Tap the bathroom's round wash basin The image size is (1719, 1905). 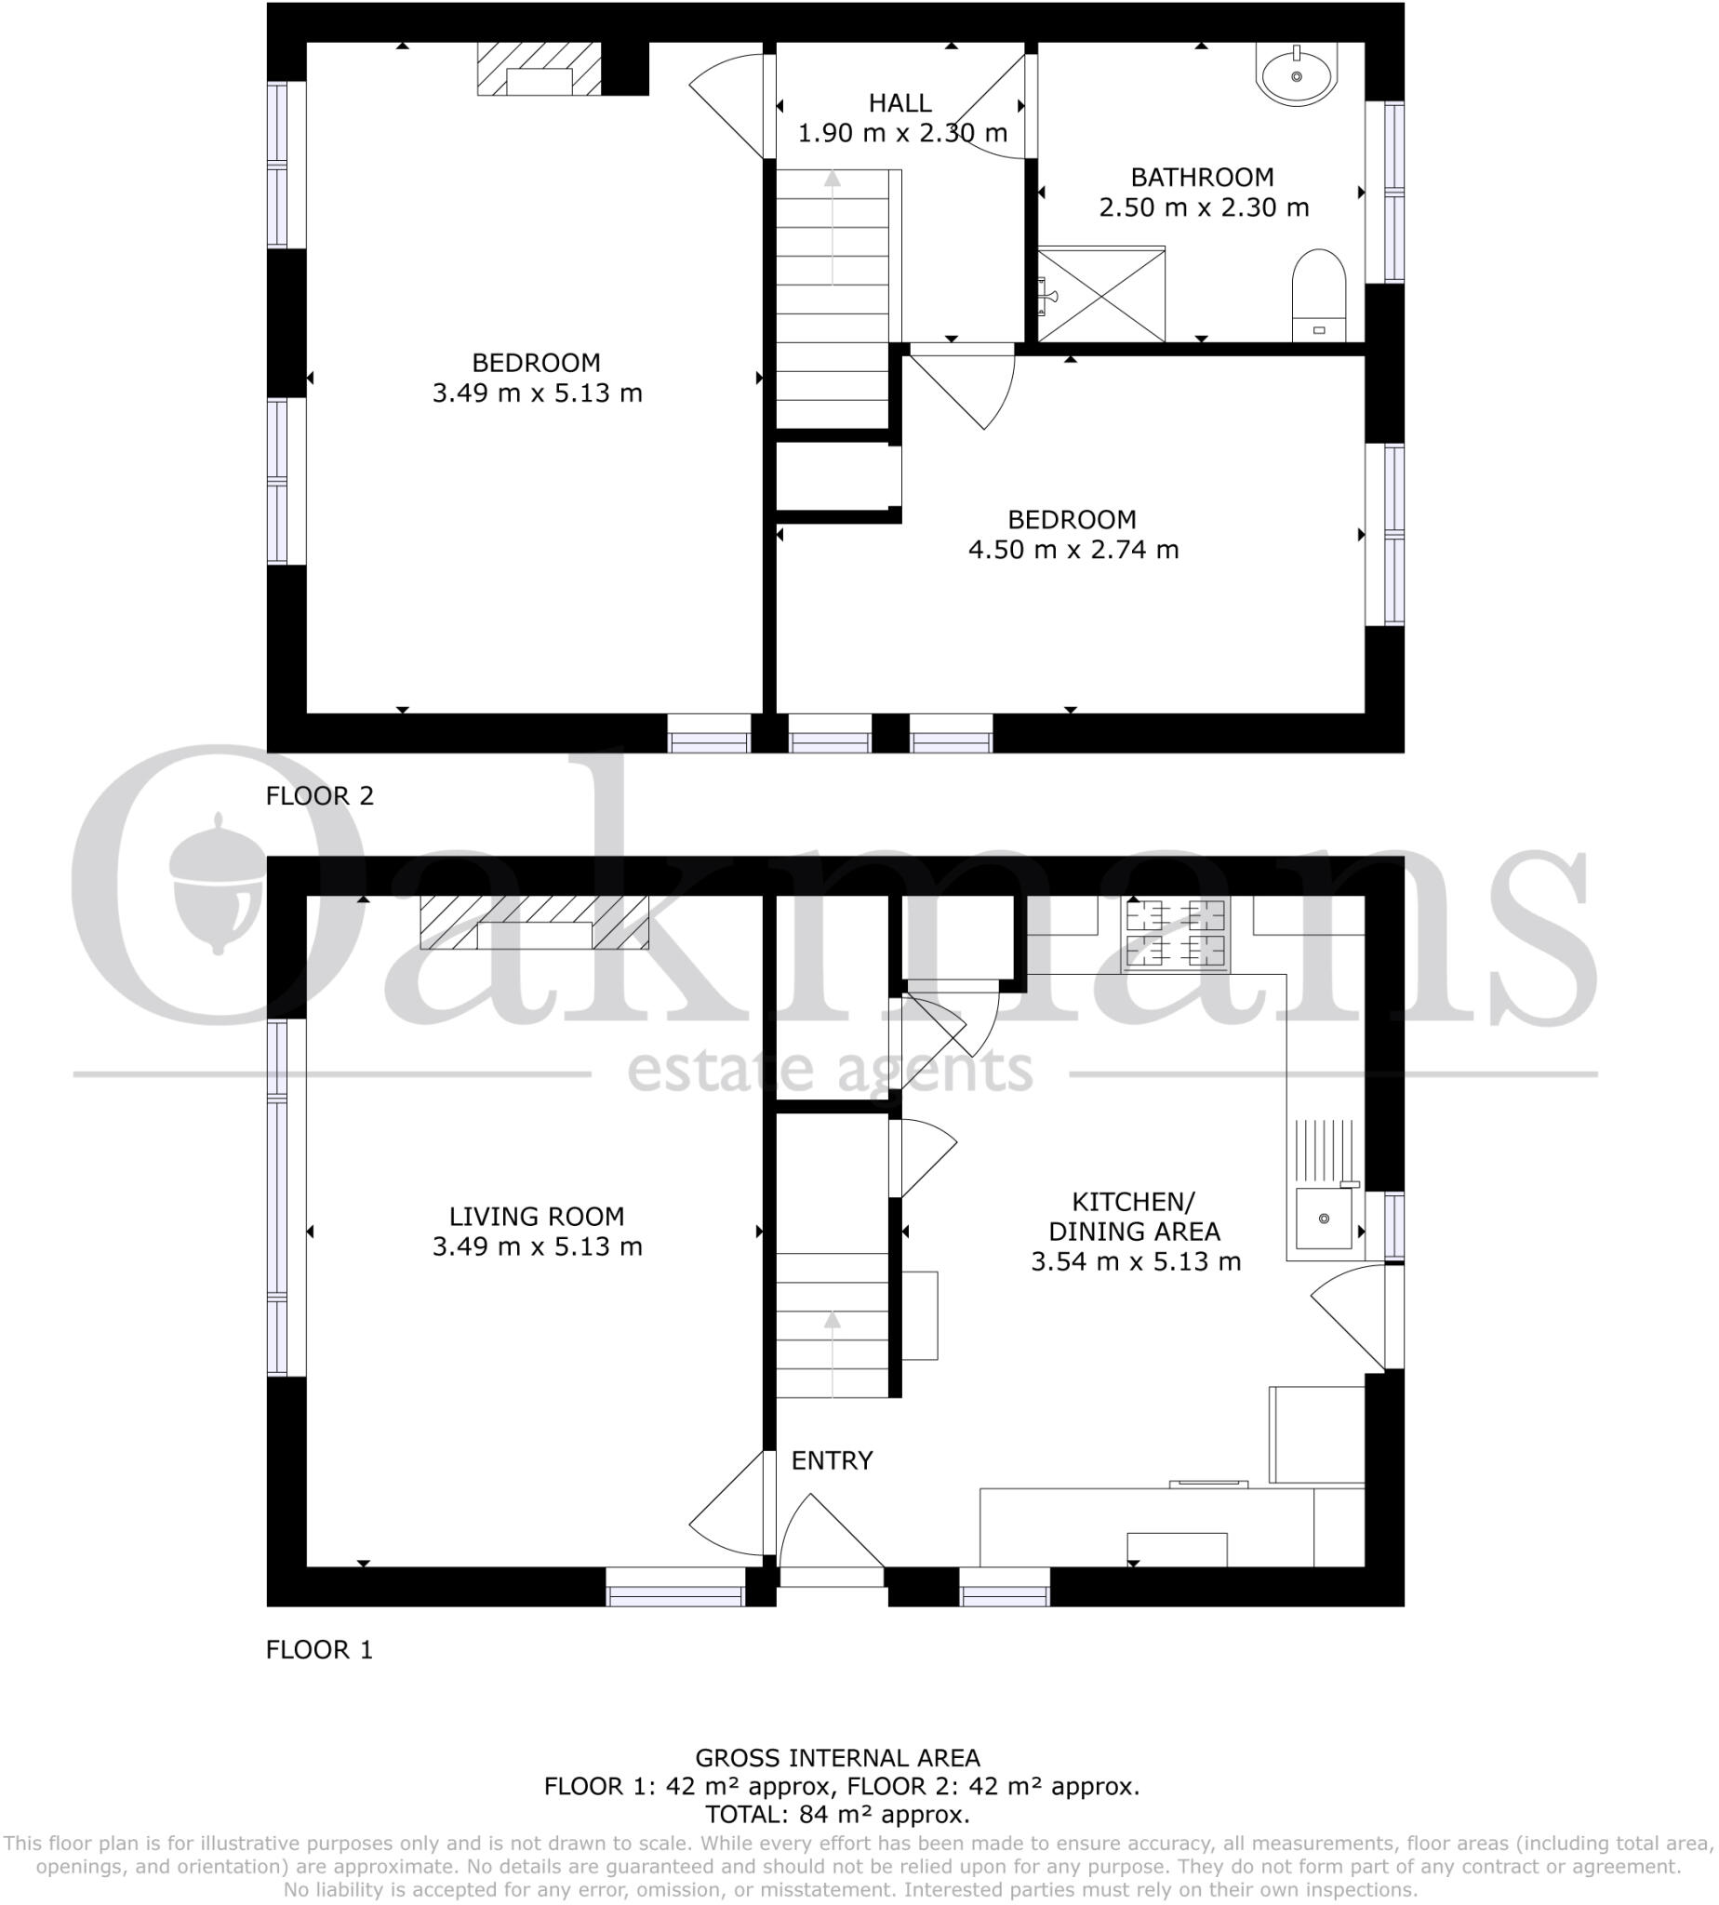(x=1296, y=74)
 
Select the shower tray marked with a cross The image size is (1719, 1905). (x=1101, y=295)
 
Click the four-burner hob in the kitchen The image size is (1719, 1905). (x=1175, y=934)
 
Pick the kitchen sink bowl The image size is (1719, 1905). (x=1324, y=1219)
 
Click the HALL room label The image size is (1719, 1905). (x=900, y=103)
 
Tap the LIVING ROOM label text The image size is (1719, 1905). (x=537, y=1217)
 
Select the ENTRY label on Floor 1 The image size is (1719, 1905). (x=832, y=1460)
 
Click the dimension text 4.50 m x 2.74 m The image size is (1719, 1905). (x=1073, y=550)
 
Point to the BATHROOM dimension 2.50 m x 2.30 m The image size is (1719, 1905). (x=1204, y=207)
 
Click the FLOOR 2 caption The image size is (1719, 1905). (x=319, y=796)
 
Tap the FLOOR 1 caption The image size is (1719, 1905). (x=319, y=1650)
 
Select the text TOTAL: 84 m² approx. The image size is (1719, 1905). (x=837, y=1815)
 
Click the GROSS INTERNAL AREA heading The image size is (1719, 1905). (x=837, y=1758)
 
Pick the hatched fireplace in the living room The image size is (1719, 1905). (x=534, y=922)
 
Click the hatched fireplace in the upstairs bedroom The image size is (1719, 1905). (x=539, y=69)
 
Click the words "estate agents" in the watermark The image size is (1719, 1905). (x=831, y=1071)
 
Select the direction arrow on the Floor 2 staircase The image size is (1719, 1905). (x=833, y=227)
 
